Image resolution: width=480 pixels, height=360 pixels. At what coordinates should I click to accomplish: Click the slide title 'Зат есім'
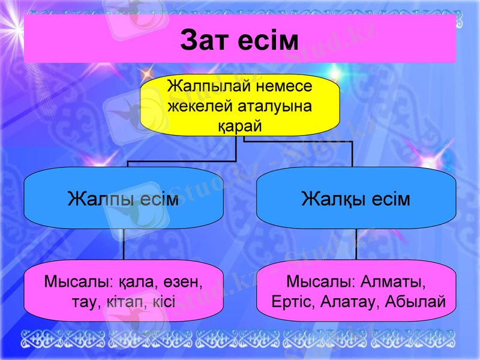pos(239,40)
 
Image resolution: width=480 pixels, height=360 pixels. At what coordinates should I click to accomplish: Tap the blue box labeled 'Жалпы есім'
pos(124,199)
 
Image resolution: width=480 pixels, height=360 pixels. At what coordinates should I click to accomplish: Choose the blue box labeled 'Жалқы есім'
pos(356,199)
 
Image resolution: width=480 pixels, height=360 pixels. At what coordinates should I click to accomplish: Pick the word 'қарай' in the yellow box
pos(240,126)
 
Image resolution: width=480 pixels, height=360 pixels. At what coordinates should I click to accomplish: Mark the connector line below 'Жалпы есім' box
pos(124,244)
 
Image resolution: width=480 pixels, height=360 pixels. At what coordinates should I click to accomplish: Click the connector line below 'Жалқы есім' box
pos(356,244)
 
